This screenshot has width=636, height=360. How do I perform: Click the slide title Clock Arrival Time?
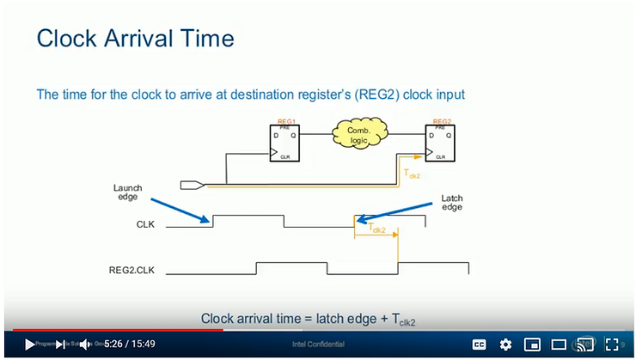tap(135, 39)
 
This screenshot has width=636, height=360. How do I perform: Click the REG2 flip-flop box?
tap(440, 143)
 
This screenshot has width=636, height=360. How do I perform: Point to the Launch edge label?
tap(126, 192)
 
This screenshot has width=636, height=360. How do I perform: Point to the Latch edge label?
tap(452, 202)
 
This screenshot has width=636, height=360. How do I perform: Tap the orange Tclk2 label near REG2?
tap(413, 172)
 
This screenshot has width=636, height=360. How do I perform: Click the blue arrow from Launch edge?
tap(180, 211)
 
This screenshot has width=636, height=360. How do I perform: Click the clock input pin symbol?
tap(192, 184)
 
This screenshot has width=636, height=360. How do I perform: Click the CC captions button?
tap(480, 344)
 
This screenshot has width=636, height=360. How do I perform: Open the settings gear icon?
tap(505, 344)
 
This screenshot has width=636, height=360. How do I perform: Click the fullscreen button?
tap(612, 344)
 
